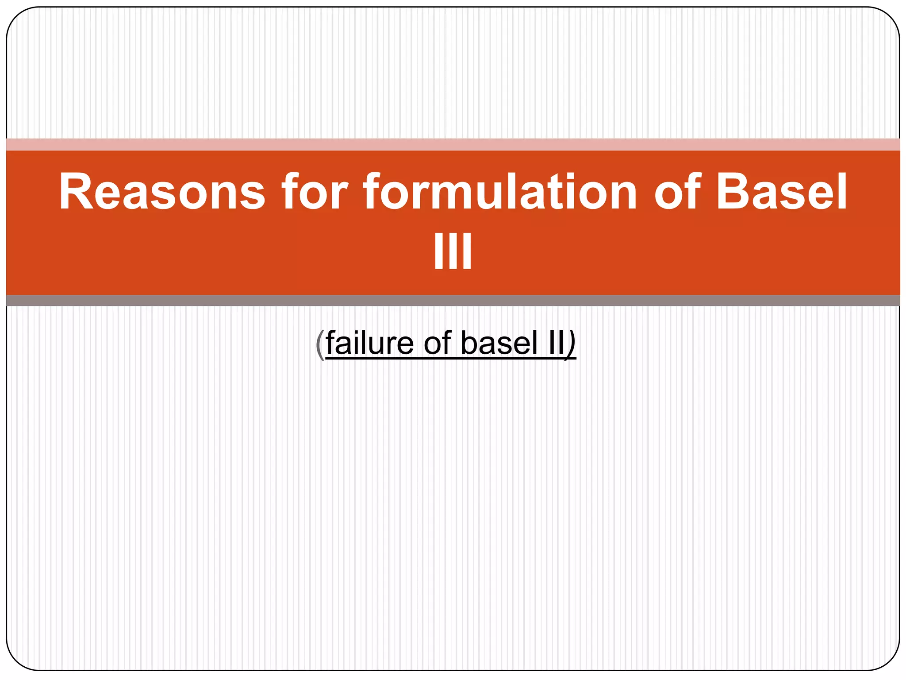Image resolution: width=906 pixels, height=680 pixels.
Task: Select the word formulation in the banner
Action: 500,192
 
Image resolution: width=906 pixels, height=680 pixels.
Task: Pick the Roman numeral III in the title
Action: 453,251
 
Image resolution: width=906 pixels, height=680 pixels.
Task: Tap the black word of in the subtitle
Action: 438,343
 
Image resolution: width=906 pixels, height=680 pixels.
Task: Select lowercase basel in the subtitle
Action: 499,343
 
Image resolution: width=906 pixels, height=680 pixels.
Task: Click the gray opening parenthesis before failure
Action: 320,344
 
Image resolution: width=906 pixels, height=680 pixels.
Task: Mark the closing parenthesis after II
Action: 571,344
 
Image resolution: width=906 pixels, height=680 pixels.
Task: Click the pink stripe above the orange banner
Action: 453,144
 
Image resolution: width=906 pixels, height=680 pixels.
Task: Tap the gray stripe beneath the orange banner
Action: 453,301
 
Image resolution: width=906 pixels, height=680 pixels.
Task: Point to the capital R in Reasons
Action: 75,191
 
